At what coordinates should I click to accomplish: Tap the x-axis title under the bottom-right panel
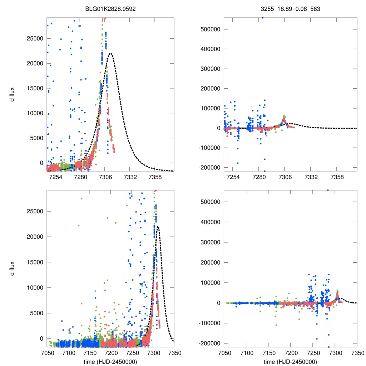point(290,362)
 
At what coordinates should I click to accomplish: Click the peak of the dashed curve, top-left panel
point(110,53)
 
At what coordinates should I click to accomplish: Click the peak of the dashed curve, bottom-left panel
point(158,226)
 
